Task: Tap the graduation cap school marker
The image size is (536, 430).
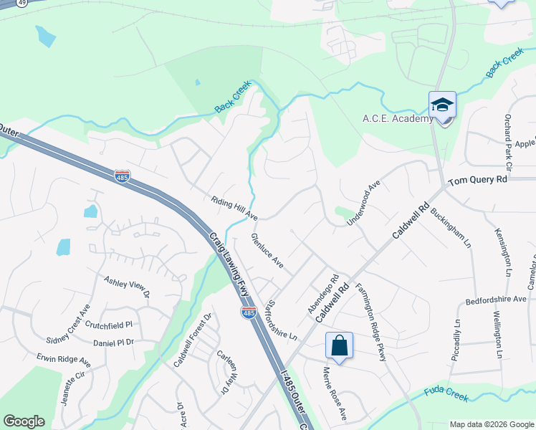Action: pyautogui.click(x=442, y=105)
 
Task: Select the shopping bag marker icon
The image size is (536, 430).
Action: pyautogui.click(x=339, y=346)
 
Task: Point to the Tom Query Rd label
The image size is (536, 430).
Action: pyautogui.click(x=477, y=180)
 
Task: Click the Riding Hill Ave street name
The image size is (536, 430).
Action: pyautogui.click(x=234, y=207)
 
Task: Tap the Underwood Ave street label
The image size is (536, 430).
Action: pyautogui.click(x=363, y=204)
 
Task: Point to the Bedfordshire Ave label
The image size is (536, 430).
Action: pyautogui.click(x=496, y=300)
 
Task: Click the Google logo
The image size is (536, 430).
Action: pyautogui.click(x=24, y=421)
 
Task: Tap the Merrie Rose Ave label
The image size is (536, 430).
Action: pyautogui.click(x=334, y=394)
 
